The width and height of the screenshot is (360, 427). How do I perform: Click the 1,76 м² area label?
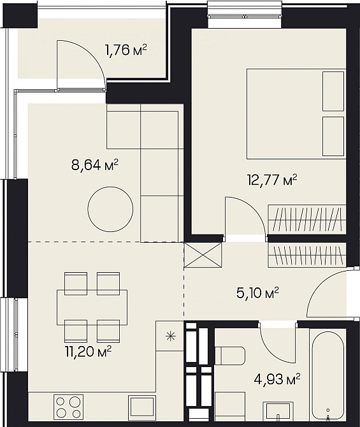click(126, 49)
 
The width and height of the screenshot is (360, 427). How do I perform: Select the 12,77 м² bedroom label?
click(273, 180)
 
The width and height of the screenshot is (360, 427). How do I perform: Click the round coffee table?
click(110, 210)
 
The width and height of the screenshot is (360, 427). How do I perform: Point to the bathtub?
click(328, 376)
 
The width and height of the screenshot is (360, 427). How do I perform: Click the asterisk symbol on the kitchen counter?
click(169, 335)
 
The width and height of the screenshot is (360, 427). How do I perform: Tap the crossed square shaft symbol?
click(203, 256)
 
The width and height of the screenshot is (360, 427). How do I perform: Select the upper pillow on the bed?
click(333, 90)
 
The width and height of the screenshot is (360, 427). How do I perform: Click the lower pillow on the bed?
click(333, 135)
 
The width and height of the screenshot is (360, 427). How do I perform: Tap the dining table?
click(92, 307)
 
